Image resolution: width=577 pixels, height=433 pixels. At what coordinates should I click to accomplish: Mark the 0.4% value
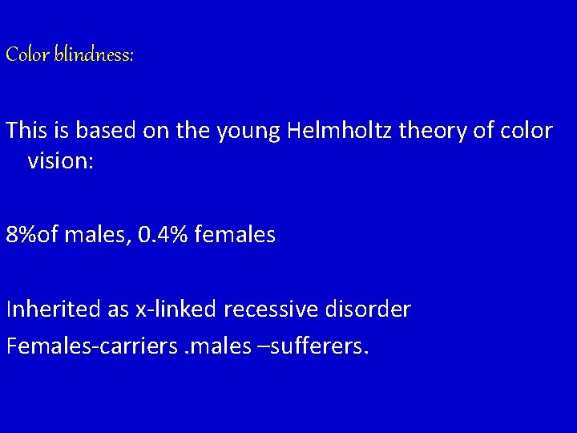pos(155,237)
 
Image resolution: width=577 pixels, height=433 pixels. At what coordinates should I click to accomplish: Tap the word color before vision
pos(527,131)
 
